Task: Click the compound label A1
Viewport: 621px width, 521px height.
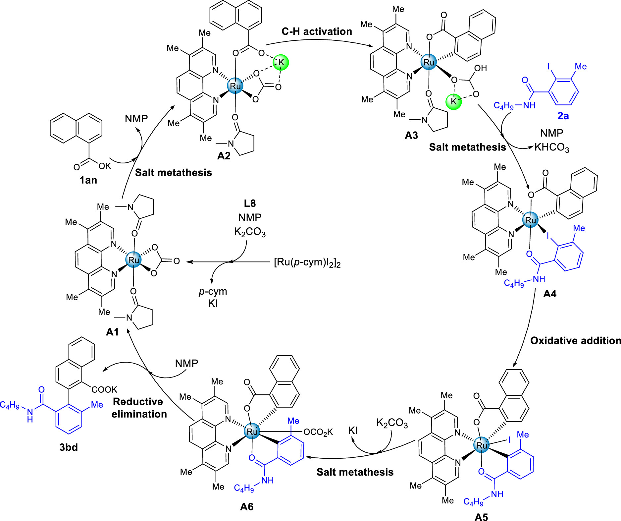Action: point(112,332)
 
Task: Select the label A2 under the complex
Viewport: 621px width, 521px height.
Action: point(224,156)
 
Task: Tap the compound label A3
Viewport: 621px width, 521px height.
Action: point(411,135)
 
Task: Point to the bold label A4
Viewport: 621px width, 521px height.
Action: point(550,294)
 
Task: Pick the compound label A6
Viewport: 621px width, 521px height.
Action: point(247,506)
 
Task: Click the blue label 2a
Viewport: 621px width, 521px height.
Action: point(563,116)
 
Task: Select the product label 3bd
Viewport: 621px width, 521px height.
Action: point(69,447)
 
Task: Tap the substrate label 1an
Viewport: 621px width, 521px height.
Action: point(88,180)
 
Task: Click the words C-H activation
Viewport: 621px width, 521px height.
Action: point(317,31)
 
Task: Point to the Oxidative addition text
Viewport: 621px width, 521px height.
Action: point(575,341)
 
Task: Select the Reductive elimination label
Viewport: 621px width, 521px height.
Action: point(139,408)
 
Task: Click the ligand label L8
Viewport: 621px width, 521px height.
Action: point(250,203)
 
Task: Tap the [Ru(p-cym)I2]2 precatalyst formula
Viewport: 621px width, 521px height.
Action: point(307,262)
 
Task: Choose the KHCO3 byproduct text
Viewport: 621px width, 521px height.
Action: point(552,147)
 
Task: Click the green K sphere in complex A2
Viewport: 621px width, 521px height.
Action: point(281,62)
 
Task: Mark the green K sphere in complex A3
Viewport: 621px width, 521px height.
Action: point(454,101)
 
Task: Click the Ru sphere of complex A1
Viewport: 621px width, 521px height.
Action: point(133,260)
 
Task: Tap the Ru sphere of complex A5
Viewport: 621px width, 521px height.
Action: point(482,445)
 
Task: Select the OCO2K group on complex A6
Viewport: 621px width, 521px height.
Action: point(318,432)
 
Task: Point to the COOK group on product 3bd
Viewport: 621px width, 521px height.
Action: point(104,389)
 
